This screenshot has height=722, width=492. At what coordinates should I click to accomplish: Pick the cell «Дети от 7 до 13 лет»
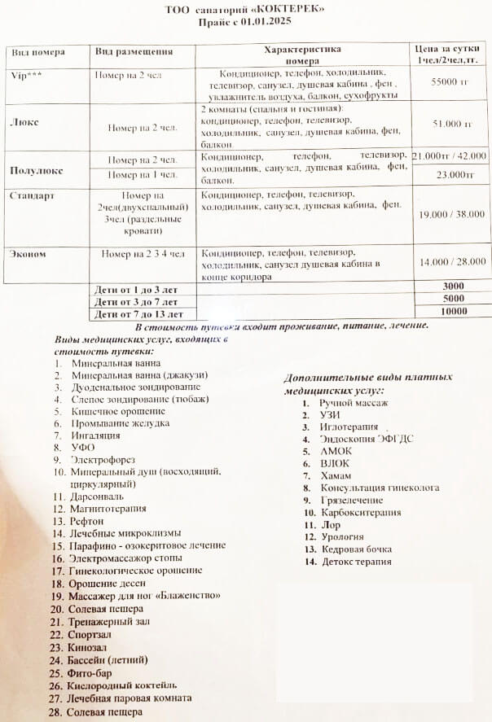point(138,313)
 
